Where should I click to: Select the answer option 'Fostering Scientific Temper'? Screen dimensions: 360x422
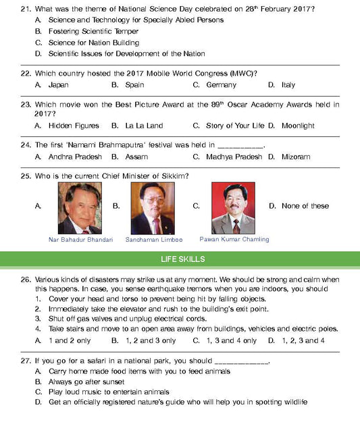click(93, 31)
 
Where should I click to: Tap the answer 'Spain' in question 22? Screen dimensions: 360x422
click(134, 85)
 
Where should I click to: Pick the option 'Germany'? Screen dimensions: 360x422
click(221, 85)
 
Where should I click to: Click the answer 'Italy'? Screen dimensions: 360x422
click(288, 85)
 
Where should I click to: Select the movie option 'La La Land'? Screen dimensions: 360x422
click(144, 126)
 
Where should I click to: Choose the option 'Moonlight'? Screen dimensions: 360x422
click(298, 126)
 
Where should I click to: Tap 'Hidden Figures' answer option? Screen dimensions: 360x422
click(74, 126)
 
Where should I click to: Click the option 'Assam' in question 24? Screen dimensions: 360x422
click(136, 157)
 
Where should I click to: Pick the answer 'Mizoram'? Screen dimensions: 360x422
click(296, 157)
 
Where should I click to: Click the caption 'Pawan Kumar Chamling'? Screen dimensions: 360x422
click(234, 239)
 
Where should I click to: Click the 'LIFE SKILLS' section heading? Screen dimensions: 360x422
click(180, 259)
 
